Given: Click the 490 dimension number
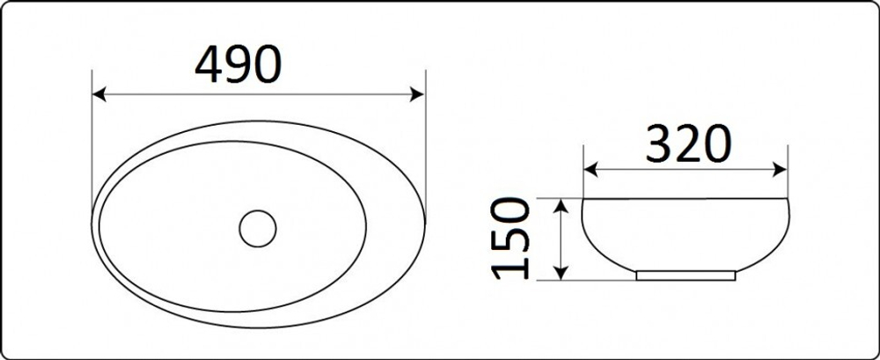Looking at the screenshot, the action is (238, 64).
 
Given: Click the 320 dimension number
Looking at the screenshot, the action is (689, 143).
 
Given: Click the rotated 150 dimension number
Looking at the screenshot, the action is (510, 239).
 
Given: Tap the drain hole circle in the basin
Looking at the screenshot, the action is (258, 229).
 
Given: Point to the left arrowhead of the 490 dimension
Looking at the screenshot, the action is (99, 94).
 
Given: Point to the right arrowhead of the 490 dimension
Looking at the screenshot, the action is (417, 94).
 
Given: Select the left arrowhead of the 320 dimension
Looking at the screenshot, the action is (590, 170).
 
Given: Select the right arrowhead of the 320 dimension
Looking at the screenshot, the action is (780, 170).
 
